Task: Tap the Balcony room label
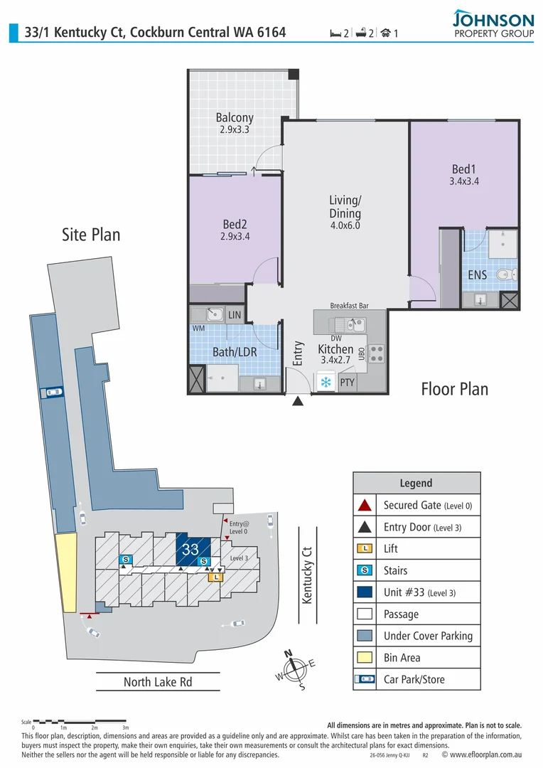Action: [x=235, y=124]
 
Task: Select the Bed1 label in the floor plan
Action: [x=463, y=175]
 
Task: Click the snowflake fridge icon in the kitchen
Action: [x=326, y=383]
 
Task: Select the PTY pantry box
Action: [x=347, y=383]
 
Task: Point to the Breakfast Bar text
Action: [x=349, y=305]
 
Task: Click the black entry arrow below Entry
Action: [x=298, y=402]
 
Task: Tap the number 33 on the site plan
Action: [x=190, y=550]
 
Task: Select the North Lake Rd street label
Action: [x=158, y=682]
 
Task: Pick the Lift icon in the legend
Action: [x=365, y=548]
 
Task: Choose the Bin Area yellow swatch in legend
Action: [x=365, y=658]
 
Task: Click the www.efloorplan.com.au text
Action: [x=488, y=754]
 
